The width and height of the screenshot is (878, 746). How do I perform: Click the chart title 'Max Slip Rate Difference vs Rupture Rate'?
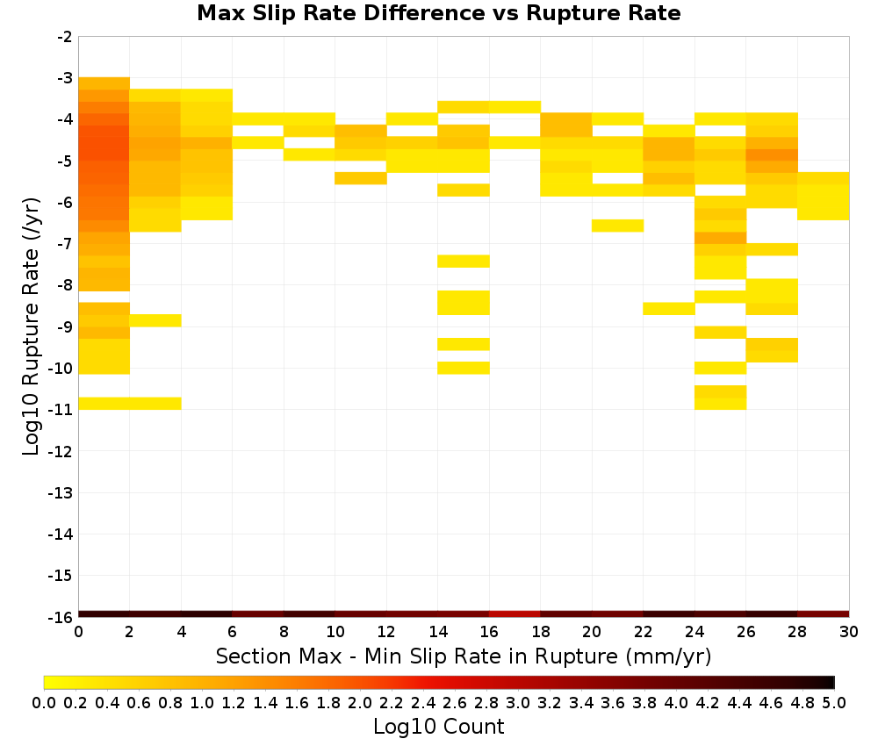(x=438, y=12)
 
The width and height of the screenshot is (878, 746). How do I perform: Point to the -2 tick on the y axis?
(x=65, y=37)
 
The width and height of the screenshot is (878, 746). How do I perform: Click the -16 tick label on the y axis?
(x=61, y=617)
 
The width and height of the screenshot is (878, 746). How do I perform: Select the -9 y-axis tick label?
(x=65, y=326)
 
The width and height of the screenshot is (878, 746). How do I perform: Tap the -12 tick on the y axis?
(x=61, y=451)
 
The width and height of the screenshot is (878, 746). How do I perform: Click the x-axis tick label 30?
(x=849, y=632)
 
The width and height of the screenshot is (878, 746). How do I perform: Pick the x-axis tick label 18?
(x=541, y=632)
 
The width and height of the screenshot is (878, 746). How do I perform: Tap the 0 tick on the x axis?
(x=78, y=632)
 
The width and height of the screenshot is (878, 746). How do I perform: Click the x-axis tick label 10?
(x=335, y=632)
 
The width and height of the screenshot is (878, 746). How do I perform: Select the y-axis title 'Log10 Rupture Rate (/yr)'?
(x=32, y=326)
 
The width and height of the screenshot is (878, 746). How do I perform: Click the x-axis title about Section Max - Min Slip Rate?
(x=464, y=656)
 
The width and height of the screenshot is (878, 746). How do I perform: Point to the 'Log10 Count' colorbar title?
(x=438, y=727)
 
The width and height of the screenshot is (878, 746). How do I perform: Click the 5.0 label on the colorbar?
(x=834, y=702)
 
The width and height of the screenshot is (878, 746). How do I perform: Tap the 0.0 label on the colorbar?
(x=44, y=702)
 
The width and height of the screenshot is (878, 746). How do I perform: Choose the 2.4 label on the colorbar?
(x=423, y=702)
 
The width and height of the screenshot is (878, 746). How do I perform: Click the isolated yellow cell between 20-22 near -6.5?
(x=617, y=226)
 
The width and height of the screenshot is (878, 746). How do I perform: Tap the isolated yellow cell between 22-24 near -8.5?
(x=669, y=308)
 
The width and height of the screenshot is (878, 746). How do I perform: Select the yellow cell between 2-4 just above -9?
(x=155, y=320)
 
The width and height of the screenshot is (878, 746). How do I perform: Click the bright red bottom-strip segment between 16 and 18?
(x=515, y=614)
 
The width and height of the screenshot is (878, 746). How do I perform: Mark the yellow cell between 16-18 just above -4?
(x=515, y=107)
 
